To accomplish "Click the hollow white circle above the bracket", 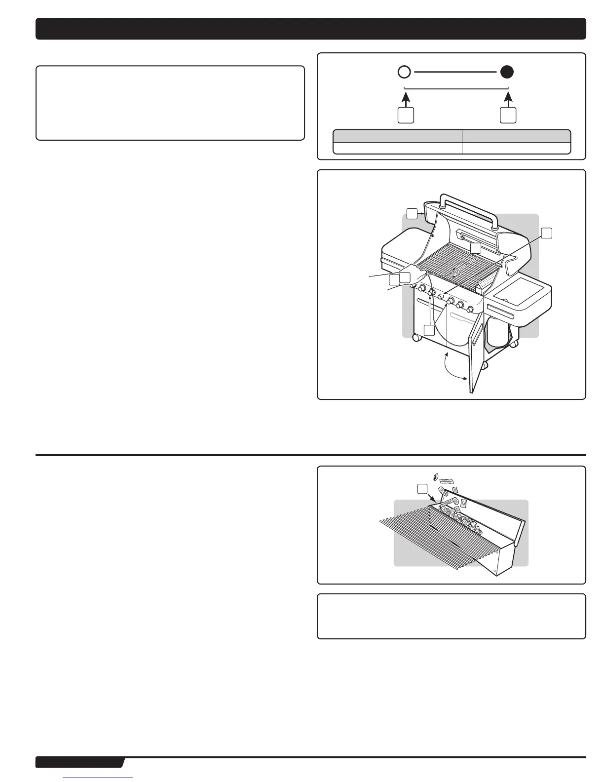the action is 404,72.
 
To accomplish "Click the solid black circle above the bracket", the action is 507,72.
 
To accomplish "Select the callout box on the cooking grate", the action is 475,248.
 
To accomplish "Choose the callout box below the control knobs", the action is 430,330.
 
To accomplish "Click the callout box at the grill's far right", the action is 547,234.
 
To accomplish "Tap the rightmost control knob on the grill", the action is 470,309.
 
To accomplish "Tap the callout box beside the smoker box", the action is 422,489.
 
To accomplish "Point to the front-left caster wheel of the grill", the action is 416,338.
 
